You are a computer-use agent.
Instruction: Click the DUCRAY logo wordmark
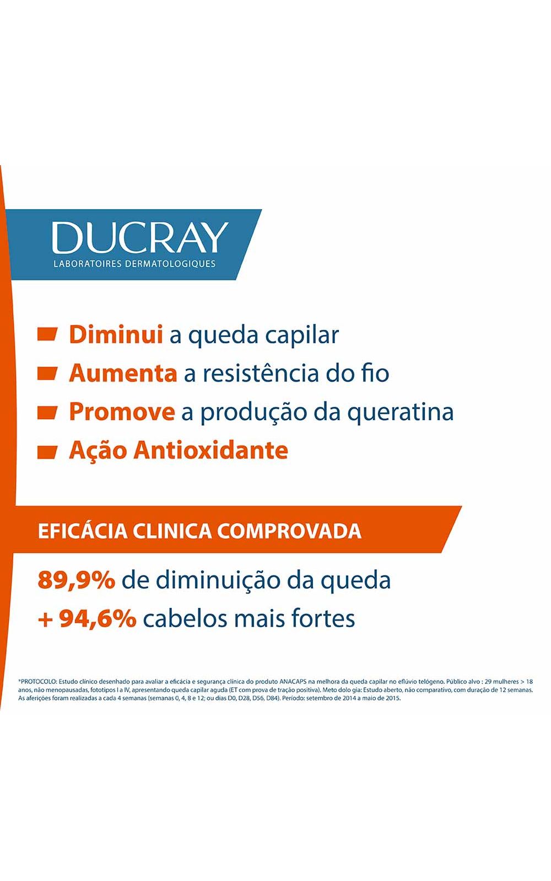point(140,237)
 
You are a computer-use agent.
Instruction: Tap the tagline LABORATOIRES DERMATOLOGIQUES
point(134,264)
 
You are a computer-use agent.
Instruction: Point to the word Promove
point(122,412)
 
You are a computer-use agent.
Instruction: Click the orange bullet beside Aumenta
point(47,373)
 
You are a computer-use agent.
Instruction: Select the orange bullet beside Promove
point(47,412)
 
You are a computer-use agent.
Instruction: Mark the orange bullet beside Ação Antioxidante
point(47,452)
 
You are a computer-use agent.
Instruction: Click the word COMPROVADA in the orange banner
point(289,531)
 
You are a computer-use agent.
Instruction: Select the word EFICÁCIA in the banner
point(83,531)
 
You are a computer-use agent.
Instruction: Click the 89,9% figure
point(77,580)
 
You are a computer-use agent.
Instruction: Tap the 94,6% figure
point(98,619)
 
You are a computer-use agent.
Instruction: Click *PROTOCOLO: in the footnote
point(38,681)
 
